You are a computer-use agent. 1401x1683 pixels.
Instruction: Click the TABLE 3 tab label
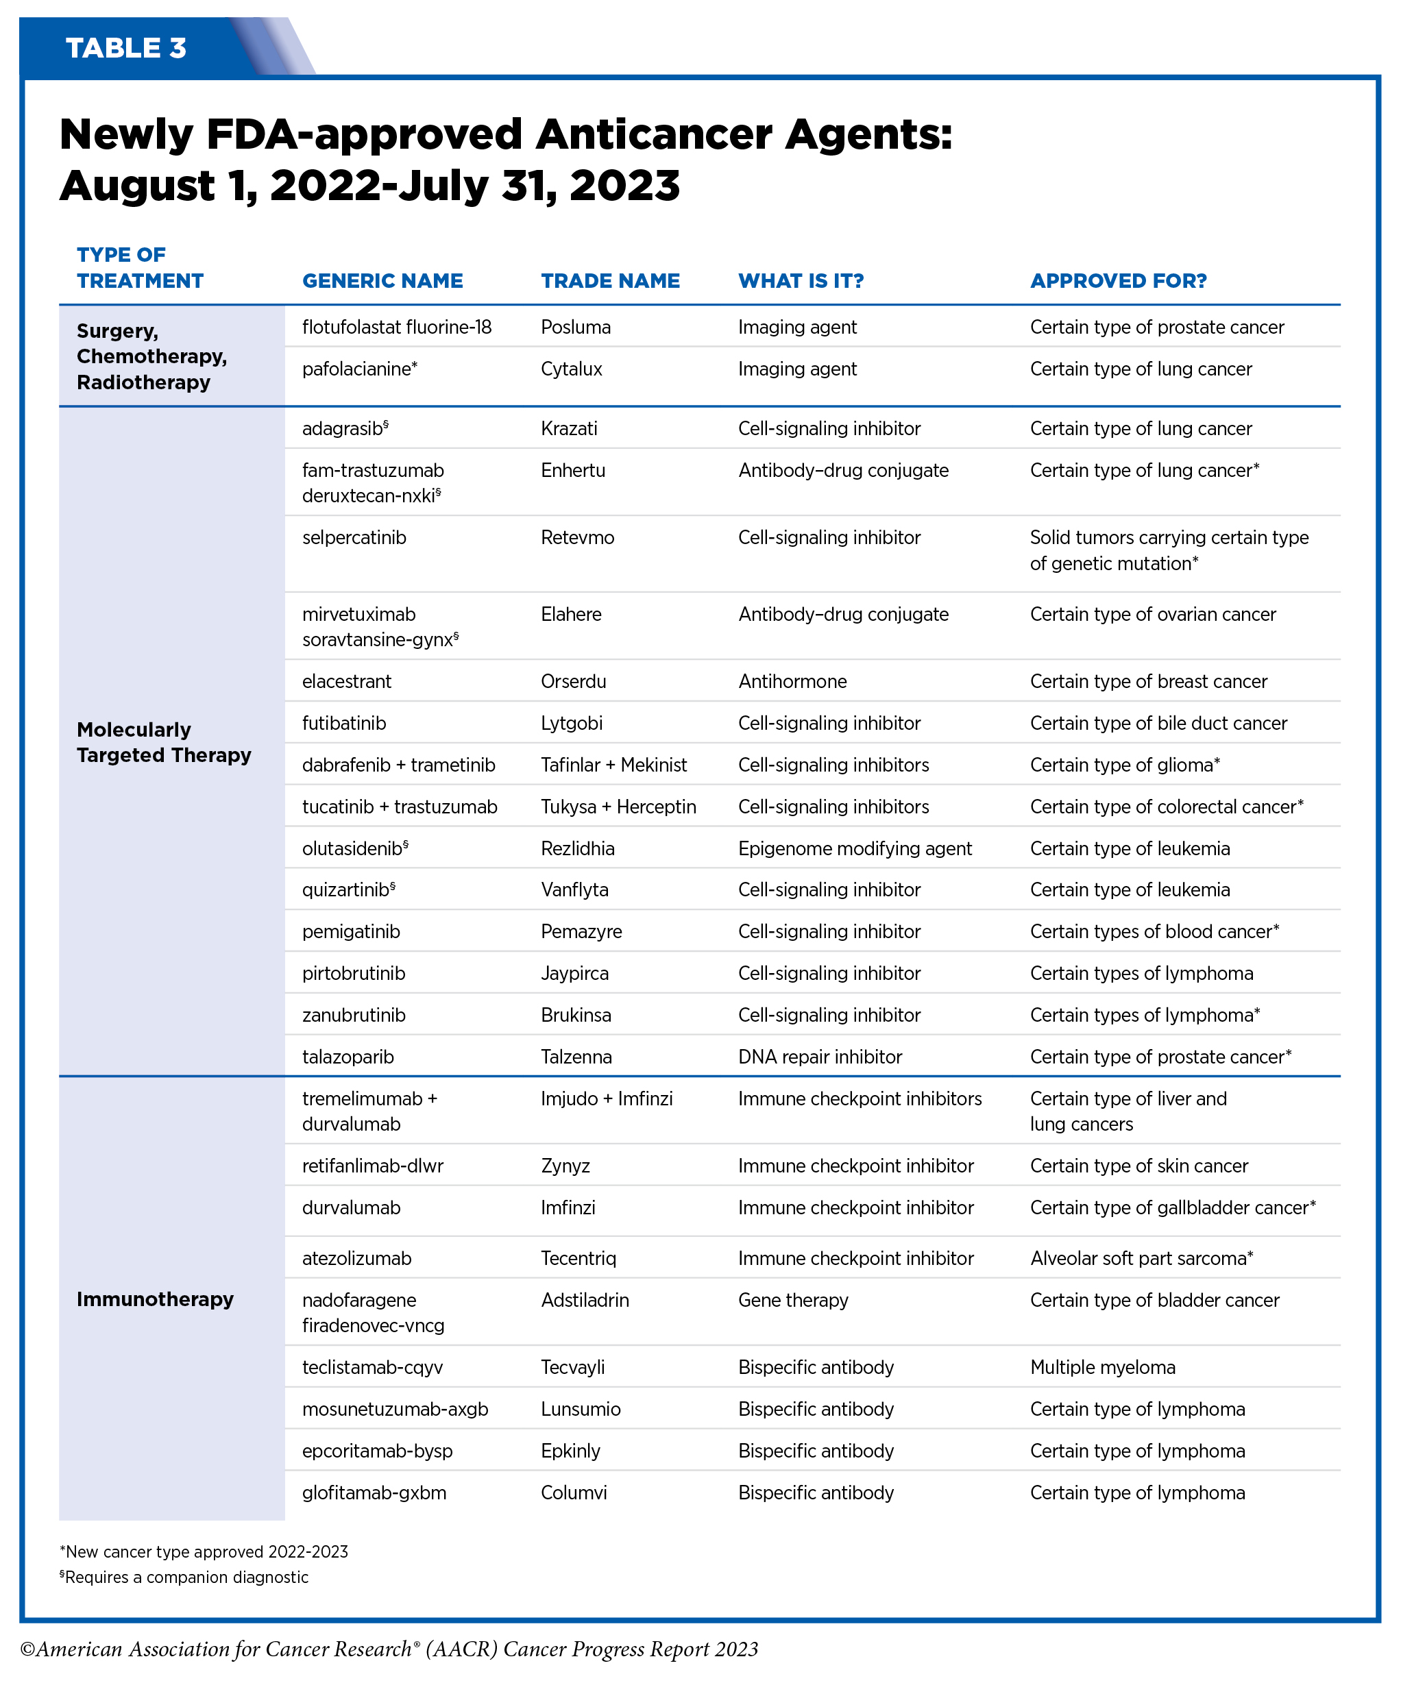(126, 48)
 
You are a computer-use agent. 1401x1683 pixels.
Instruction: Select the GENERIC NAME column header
(382, 280)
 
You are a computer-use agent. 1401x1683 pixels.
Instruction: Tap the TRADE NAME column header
(610, 280)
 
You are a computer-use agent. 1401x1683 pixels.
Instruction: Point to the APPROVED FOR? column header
(1118, 280)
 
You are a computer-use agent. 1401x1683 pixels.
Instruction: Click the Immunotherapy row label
(155, 1299)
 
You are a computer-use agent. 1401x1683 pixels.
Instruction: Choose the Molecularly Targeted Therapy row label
(164, 742)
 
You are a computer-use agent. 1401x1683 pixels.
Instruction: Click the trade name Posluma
(576, 327)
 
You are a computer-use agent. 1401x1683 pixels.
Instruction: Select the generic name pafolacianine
(358, 369)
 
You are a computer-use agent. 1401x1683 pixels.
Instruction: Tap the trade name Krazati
(569, 428)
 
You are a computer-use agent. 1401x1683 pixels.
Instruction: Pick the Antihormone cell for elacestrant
(792, 681)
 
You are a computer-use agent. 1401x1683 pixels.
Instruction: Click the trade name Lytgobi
(572, 723)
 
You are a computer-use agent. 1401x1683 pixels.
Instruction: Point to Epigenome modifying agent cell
(855, 848)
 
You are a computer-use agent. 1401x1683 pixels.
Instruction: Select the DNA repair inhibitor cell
(820, 1056)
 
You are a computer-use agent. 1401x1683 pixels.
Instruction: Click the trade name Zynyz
(565, 1165)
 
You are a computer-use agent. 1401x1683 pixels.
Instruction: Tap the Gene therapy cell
(792, 1300)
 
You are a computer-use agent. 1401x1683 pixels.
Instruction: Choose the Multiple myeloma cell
(1102, 1367)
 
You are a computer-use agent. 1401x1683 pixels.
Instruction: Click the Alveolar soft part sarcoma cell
(1141, 1258)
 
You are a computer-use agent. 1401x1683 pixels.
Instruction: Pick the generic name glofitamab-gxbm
(374, 1492)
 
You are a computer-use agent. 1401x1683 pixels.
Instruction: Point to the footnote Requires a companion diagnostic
(185, 1577)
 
